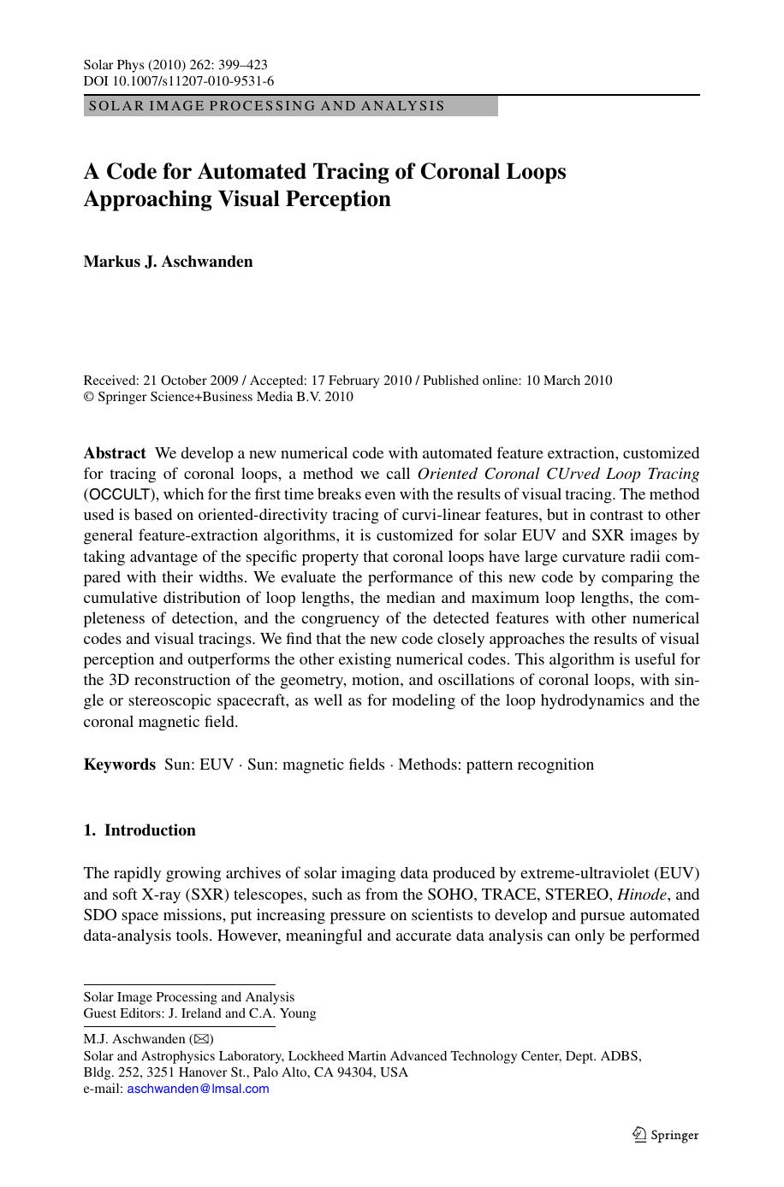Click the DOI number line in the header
click(x=179, y=81)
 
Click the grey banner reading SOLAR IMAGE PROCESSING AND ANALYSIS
click(x=291, y=106)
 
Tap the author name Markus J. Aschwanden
click(x=168, y=262)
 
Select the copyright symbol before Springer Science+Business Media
click(x=88, y=397)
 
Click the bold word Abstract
click(x=115, y=453)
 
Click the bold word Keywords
click(x=120, y=765)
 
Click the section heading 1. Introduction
click(x=140, y=830)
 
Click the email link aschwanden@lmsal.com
click(x=198, y=1089)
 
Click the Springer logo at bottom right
click(x=666, y=1136)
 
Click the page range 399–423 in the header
click(x=243, y=65)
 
